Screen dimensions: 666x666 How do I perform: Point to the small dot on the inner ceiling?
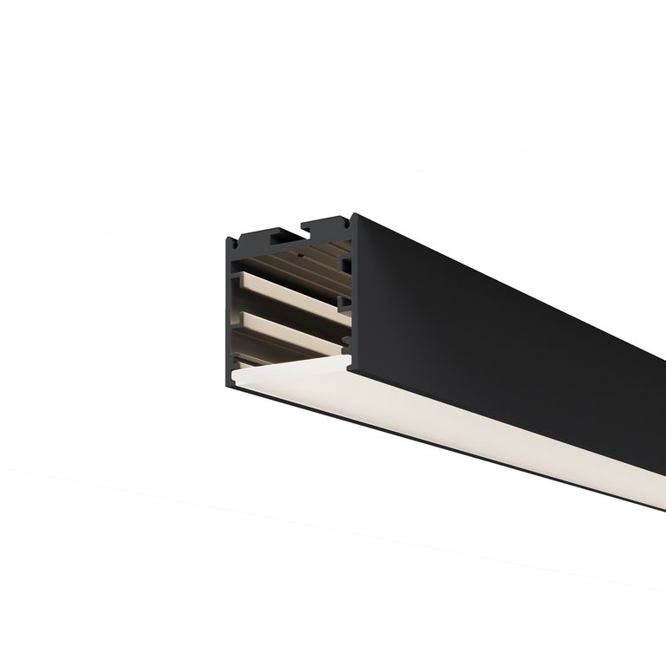[x=300, y=256]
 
